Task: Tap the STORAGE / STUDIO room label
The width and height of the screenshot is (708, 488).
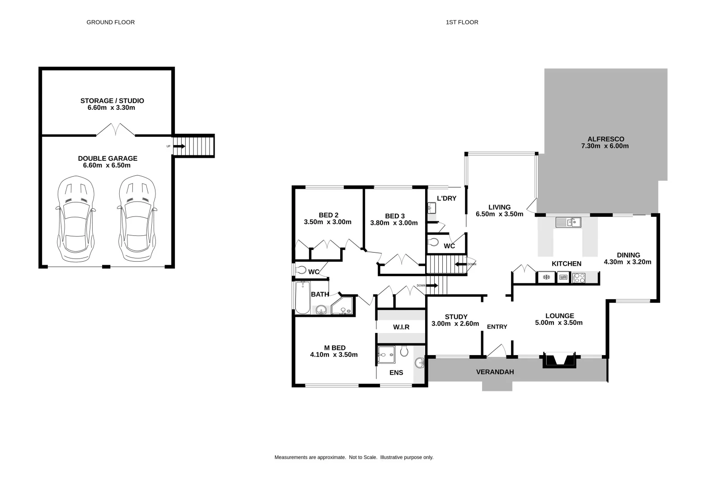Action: pyautogui.click(x=112, y=101)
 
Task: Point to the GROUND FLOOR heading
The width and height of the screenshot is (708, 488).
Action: pyautogui.click(x=110, y=22)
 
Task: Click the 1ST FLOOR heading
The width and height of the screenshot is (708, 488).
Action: pyautogui.click(x=462, y=22)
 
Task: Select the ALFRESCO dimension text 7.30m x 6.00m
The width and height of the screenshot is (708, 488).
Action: pyautogui.click(x=605, y=146)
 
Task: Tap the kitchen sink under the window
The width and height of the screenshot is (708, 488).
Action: pyautogui.click(x=568, y=222)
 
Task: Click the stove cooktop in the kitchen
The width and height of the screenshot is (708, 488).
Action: pyautogui.click(x=579, y=277)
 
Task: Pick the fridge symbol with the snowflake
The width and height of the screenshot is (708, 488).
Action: pyautogui.click(x=546, y=277)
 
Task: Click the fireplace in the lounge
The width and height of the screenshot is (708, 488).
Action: pyautogui.click(x=559, y=360)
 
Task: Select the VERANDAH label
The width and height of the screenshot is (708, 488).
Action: pyautogui.click(x=495, y=372)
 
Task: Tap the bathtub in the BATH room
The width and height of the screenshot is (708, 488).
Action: pyautogui.click(x=302, y=297)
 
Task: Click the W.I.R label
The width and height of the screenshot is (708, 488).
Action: pyautogui.click(x=401, y=327)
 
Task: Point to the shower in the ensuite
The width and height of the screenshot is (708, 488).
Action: pyautogui.click(x=386, y=355)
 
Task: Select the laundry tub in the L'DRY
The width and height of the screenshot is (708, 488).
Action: pyautogui.click(x=431, y=208)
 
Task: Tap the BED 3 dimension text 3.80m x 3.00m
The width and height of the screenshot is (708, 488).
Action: pyautogui.click(x=394, y=223)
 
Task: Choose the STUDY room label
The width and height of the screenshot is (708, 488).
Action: pyautogui.click(x=456, y=316)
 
